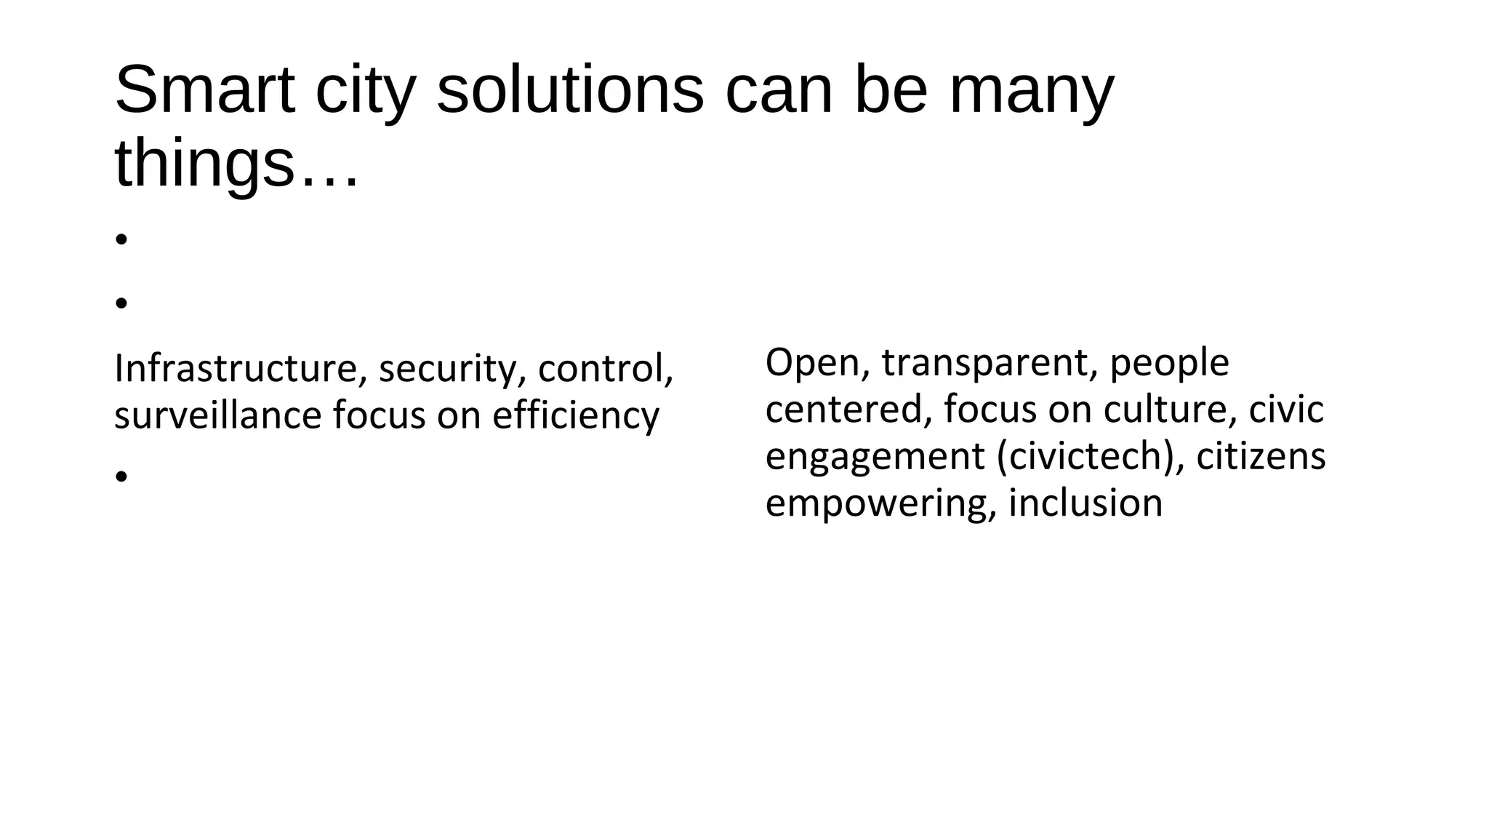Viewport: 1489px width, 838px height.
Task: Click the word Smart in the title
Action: coord(204,90)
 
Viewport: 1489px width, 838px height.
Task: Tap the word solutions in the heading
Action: coord(570,90)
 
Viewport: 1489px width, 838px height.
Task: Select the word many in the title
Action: coord(1032,92)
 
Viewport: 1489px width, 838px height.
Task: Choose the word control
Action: coord(605,369)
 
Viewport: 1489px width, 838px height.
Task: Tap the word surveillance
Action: coord(217,416)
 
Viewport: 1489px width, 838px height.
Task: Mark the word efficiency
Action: coord(575,417)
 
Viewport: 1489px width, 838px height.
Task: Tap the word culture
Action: coord(1170,410)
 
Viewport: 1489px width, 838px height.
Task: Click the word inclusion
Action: coord(1085,503)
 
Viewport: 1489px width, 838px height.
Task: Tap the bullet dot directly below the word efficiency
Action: coord(121,476)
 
